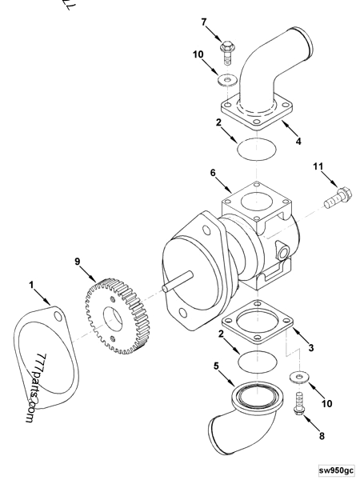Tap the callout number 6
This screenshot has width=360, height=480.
click(214, 172)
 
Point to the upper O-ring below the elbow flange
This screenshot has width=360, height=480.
click(254, 149)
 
